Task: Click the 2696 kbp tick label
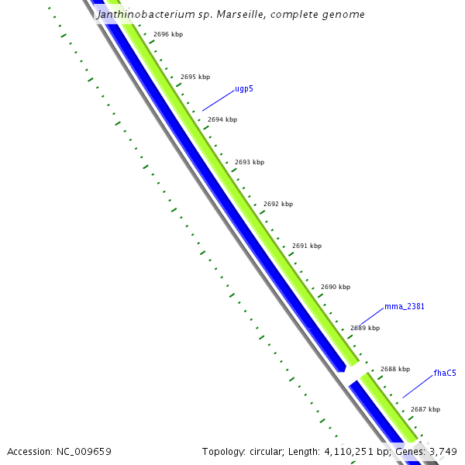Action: click(x=168, y=35)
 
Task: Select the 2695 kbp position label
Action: click(x=195, y=77)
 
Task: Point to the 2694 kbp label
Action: click(x=222, y=120)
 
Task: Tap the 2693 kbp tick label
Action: click(x=250, y=163)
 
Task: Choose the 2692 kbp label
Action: click(x=278, y=205)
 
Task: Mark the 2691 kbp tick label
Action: click(x=307, y=246)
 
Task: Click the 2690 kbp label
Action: click(x=336, y=288)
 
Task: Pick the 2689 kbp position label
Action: click(x=365, y=329)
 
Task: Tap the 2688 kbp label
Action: click(x=394, y=370)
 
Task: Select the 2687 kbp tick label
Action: click(x=425, y=410)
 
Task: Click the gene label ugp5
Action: click(x=244, y=89)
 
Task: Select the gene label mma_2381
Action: click(x=405, y=307)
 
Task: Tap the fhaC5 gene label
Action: click(x=445, y=374)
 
